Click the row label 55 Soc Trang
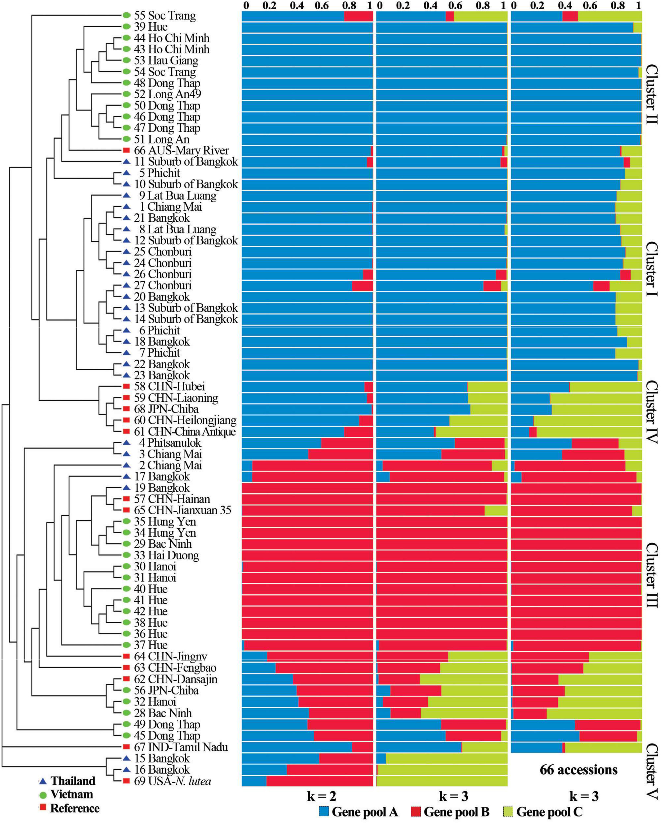[165, 16]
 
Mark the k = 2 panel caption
[321, 796]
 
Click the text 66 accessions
[578, 770]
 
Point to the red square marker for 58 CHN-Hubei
[126, 386]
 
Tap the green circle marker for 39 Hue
[126, 27]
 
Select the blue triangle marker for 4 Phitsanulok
[126, 443]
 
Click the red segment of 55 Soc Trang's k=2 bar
[358, 16]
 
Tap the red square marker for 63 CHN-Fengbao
[126, 668]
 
